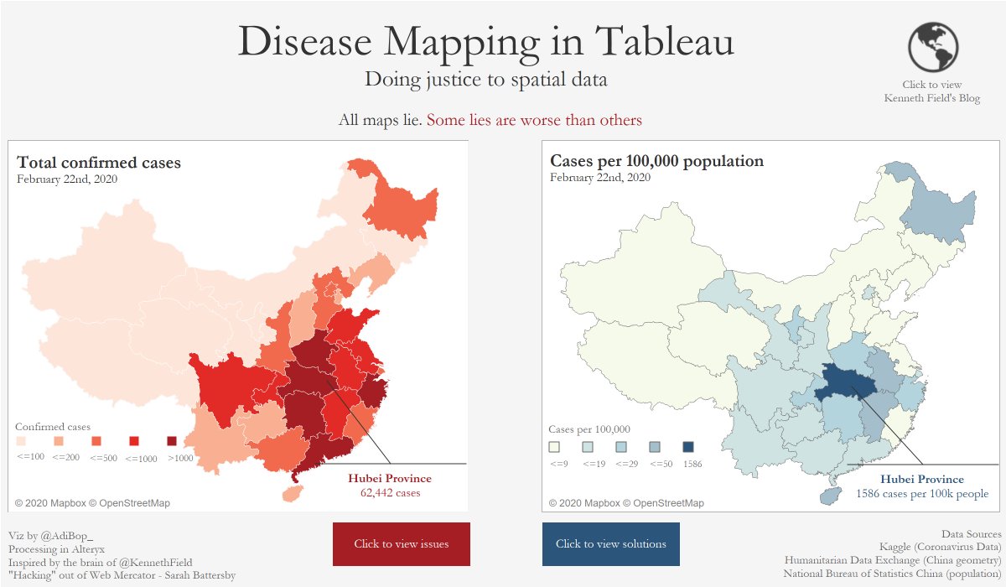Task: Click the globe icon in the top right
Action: [x=932, y=47]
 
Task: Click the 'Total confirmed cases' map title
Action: [x=99, y=163]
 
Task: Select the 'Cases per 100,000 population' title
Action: [x=656, y=161]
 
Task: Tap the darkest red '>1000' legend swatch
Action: [x=172, y=441]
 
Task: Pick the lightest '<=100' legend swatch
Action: [x=21, y=441]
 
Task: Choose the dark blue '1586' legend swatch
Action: [x=688, y=447]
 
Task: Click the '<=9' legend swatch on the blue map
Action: [x=553, y=447]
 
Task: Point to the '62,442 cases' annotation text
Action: [x=390, y=493]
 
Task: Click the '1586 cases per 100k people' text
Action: [x=922, y=494]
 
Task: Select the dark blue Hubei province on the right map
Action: [x=848, y=382]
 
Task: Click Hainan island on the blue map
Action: [x=828, y=496]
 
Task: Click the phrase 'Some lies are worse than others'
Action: [x=534, y=120]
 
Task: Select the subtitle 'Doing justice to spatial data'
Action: [x=485, y=80]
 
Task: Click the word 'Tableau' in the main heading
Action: [x=664, y=41]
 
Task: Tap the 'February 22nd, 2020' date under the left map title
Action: [x=66, y=179]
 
